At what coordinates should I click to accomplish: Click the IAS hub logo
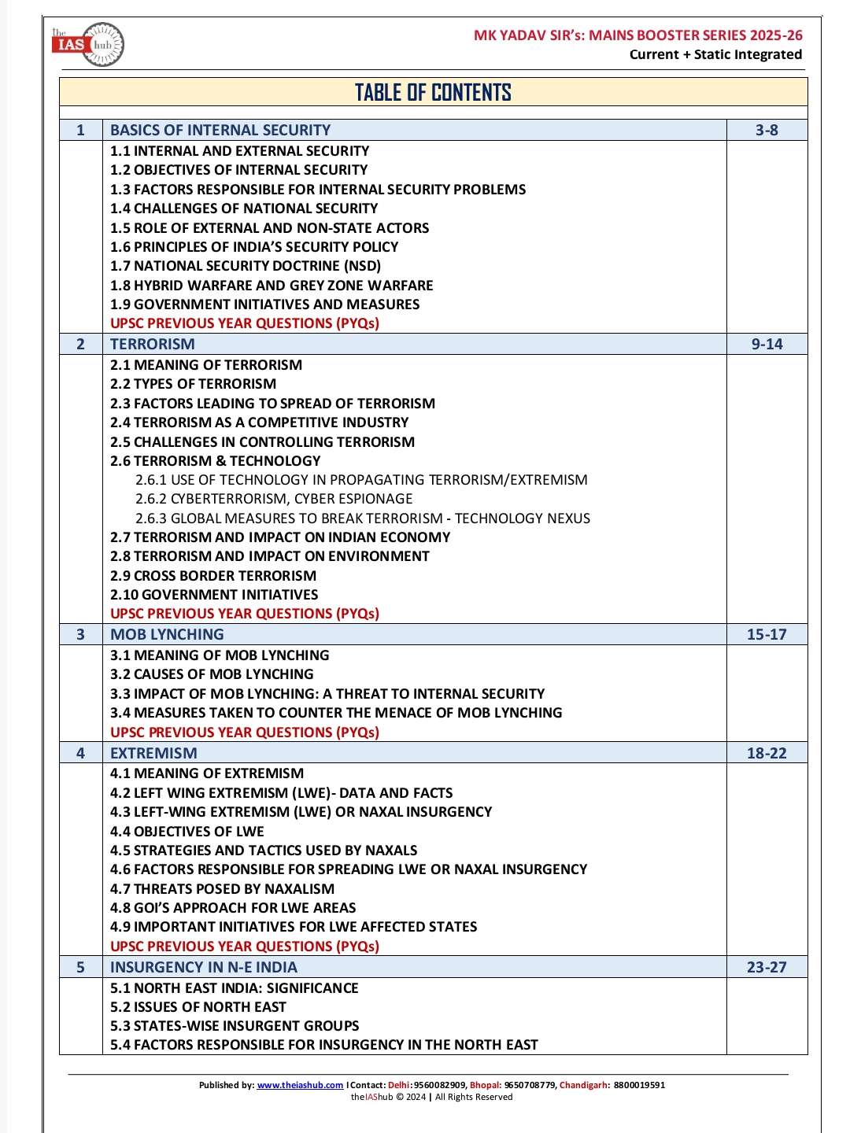point(88,44)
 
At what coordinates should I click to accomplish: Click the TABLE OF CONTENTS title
point(433,93)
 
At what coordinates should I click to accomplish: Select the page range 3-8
point(767,131)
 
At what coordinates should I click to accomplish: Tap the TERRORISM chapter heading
point(153,345)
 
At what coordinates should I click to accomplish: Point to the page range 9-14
point(767,345)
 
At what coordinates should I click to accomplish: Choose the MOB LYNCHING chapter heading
point(167,635)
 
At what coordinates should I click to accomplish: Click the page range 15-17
point(767,635)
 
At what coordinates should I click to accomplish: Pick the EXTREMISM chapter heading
point(153,754)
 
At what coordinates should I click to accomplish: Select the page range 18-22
point(767,754)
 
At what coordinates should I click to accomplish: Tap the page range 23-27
point(767,968)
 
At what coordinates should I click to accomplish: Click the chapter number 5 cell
point(80,968)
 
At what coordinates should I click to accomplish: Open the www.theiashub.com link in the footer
point(300,1085)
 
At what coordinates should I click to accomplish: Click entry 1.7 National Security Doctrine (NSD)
point(246,266)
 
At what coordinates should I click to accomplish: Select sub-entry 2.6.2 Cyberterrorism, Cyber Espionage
point(274,499)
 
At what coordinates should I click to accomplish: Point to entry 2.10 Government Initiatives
point(214,595)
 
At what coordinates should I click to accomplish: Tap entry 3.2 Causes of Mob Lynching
point(212,674)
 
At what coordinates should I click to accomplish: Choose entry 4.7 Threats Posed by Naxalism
point(222,889)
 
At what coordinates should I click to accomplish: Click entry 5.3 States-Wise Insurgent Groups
point(235,1026)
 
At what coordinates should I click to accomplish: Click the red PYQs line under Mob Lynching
point(245,733)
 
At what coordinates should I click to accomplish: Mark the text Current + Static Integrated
point(715,54)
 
